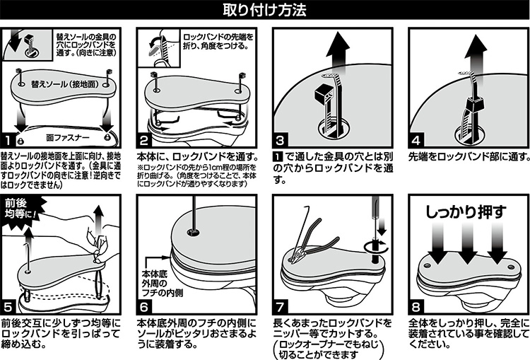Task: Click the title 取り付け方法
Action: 264,10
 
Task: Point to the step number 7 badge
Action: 281,307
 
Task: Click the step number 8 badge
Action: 416,307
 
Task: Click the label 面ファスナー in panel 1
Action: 68,137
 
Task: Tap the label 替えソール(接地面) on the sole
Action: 64,84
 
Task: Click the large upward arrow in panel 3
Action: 338,54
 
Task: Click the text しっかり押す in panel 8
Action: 466,212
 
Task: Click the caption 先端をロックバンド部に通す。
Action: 469,156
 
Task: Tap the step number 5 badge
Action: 8,307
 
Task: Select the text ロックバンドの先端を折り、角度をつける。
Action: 218,41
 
